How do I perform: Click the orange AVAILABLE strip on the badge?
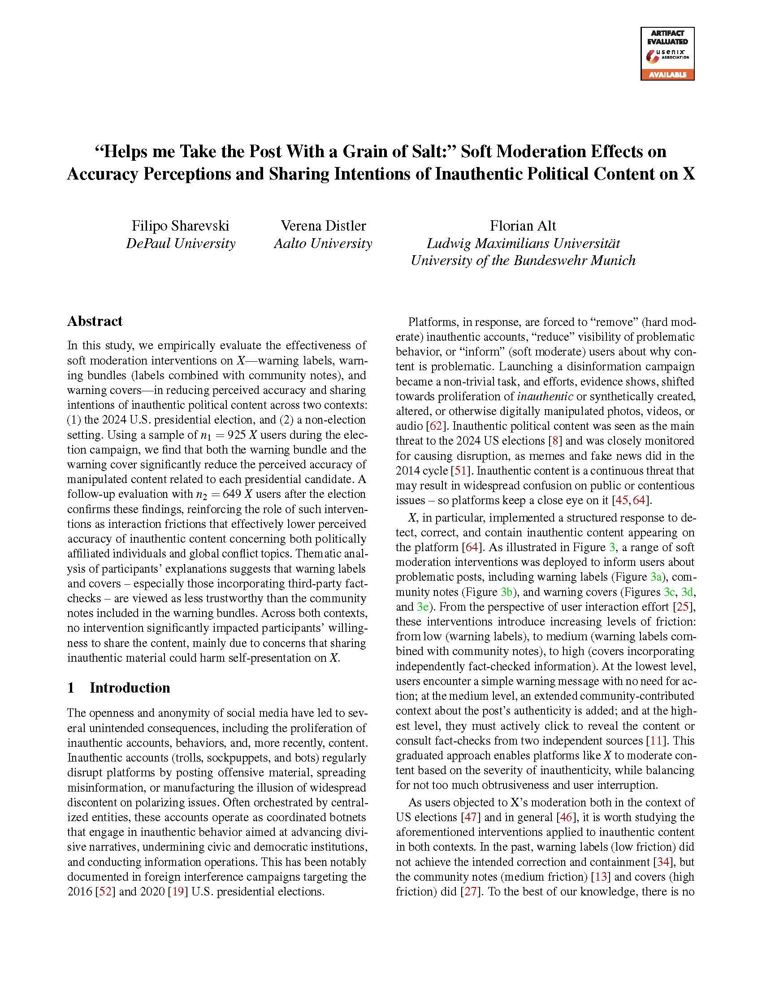point(667,75)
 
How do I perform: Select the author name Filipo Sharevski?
point(180,226)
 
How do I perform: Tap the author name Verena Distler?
point(323,226)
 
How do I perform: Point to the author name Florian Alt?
point(523,226)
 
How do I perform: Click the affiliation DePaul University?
point(180,244)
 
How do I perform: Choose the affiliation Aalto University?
point(323,244)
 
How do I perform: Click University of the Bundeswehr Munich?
point(523,261)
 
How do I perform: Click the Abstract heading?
point(95,321)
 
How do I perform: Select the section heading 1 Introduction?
point(118,688)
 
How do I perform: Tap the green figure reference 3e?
point(423,607)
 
